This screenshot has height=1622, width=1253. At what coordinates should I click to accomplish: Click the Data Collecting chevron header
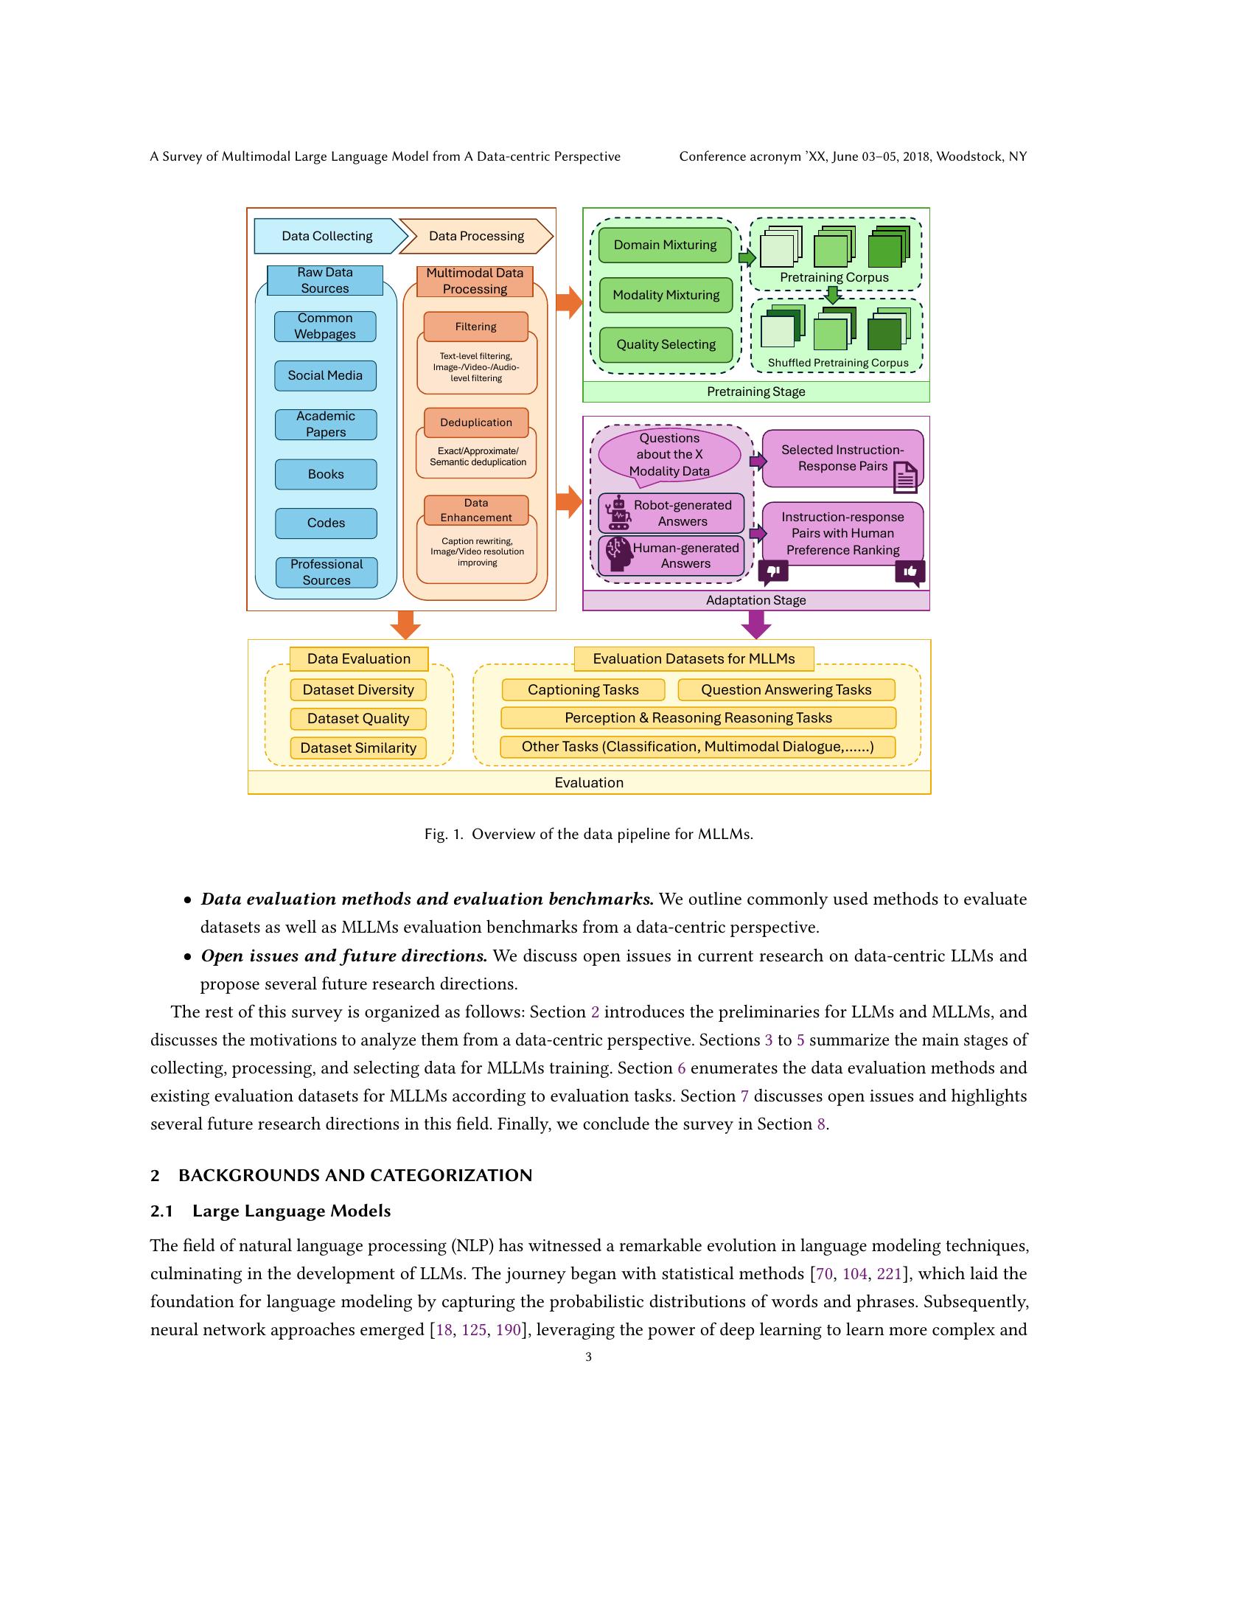point(327,236)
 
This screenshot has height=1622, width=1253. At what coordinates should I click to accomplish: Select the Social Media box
point(325,376)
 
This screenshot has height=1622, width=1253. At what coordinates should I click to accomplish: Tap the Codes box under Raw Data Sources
point(326,523)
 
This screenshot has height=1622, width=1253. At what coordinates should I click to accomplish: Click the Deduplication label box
point(476,422)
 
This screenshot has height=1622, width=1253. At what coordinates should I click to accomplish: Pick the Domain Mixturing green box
point(665,245)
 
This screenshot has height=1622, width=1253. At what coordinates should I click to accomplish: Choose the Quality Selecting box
point(666,344)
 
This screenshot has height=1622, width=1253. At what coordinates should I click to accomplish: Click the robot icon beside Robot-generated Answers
point(618,512)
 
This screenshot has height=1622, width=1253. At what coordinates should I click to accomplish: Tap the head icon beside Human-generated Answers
point(618,554)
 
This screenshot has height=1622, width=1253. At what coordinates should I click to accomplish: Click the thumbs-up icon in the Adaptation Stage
point(910,572)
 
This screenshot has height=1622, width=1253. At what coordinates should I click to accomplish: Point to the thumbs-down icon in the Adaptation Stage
point(772,571)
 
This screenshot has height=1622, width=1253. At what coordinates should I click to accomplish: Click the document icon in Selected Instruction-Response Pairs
point(905,477)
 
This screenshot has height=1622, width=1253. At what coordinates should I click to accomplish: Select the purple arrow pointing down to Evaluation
point(755,624)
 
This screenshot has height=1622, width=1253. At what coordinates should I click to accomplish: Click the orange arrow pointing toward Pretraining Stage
point(569,301)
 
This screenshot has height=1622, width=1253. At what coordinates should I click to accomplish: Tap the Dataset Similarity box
point(357,748)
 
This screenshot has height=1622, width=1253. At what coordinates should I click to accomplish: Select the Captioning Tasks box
point(583,690)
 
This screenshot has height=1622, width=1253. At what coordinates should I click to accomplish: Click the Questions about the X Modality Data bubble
point(669,454)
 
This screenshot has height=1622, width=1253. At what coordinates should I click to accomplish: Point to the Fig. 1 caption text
point(589,834)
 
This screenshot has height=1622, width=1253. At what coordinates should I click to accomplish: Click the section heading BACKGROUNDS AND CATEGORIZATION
point(355,1175)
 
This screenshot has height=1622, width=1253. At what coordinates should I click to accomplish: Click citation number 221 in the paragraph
point(889,1274)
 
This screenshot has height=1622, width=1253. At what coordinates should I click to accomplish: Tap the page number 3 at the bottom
point(589,1357)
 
